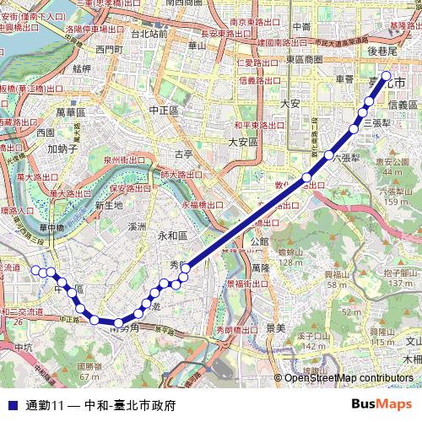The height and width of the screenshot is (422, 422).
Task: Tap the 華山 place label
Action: pyautogui.click(x=197, y=45)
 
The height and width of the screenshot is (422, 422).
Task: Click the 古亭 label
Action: pyautogui.click(x=184, y=154)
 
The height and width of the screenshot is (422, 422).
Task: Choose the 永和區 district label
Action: pyautogui.click(x=172, y=235)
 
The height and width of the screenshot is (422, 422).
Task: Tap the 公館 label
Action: pyautogui.click(x=260, y=241)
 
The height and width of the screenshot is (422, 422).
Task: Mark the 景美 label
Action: pyautogui.click(x=275, y=326)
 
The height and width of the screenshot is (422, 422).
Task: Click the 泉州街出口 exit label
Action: pyautogui.click(x=124, y=160)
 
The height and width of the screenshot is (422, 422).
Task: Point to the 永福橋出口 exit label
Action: pyautogui.click(x=203, y=205)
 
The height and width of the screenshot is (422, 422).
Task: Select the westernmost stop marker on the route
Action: pyautogui.click(x=36, y=270)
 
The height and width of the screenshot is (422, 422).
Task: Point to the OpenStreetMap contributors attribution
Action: pyautogui.click(x=349, y=378)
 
